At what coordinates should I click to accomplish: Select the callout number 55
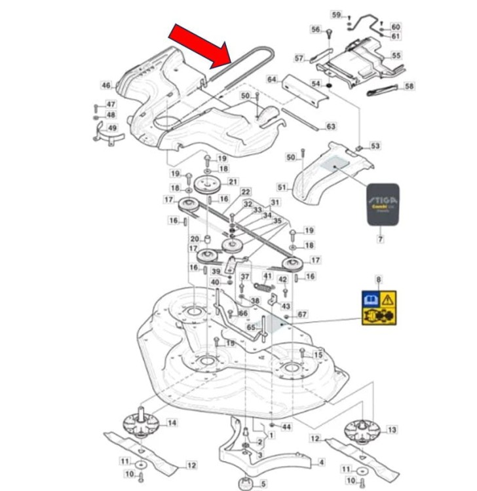pos(396,56)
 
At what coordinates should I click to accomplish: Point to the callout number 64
pos(272,79)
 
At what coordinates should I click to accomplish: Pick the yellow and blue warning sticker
pos(379,308)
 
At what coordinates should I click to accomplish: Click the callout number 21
pos(233,181)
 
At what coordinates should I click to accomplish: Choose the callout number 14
pos(172,424)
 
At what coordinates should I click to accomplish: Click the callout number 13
pos(392,429)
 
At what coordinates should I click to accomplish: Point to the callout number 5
pos(263,484)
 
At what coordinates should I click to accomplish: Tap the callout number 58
pos(410,86)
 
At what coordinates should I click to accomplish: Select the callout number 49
pos(112,128)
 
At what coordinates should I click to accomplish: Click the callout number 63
pos(331,126)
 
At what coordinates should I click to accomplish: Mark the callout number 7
pos(380,240)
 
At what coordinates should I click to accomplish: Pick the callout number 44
pos(286,427)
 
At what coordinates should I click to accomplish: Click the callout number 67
pos(302,315)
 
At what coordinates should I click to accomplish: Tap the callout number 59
pos(336,14)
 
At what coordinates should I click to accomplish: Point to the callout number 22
pos(246,192)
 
